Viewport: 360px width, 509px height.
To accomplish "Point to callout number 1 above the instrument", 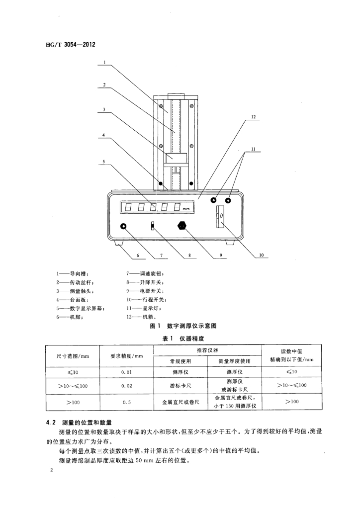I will [105, 63].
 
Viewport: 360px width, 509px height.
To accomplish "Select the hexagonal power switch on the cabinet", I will [182, 226].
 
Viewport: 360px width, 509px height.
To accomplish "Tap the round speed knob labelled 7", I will [123, 227].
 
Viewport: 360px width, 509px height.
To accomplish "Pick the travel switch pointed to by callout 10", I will [219, 217].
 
